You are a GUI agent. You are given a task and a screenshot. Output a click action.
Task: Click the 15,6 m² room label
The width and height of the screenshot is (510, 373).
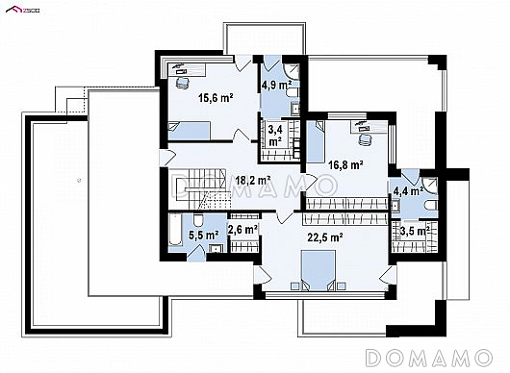point(216,97)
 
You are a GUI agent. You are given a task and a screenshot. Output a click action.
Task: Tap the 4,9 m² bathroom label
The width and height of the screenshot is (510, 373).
point(276,86)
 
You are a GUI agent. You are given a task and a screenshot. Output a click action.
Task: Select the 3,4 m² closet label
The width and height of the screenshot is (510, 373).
point(275,136)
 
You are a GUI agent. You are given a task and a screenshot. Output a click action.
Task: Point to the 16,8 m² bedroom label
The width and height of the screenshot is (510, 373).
point(345,165)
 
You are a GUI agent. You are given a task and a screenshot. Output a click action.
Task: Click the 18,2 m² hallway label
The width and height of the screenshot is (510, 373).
point(253,180)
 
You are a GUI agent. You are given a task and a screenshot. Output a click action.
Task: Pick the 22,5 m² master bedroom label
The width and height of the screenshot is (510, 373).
point(325,237)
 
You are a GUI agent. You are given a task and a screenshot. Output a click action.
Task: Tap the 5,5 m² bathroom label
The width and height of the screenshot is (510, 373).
point(204,235)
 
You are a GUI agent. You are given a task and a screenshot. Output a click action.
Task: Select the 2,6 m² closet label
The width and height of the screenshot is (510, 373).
point(242,230)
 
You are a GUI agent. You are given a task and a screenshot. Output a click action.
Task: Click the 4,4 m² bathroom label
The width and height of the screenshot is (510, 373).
point(408,191)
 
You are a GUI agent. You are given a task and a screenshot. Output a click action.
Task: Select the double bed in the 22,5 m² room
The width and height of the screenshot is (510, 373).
point(319,270)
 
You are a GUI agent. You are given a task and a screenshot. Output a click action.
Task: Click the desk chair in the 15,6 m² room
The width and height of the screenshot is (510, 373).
point(183,83)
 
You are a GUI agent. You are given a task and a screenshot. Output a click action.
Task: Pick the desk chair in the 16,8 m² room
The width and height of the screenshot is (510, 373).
point(366,139)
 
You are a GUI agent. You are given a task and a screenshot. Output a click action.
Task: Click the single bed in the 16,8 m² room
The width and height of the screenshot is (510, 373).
point(316,141)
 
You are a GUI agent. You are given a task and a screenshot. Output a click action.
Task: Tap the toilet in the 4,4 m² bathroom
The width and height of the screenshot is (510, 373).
point(431,206)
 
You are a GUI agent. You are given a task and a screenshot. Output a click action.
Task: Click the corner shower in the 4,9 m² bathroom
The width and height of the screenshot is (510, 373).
point(292,71)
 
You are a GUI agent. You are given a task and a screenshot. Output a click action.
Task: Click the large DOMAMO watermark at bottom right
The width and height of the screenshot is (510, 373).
point(429,358)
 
